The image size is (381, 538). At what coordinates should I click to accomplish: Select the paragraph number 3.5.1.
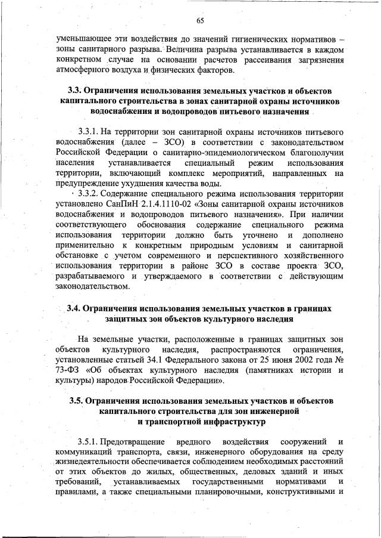(88, 442)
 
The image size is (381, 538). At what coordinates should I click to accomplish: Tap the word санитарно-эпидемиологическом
(180, 153)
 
